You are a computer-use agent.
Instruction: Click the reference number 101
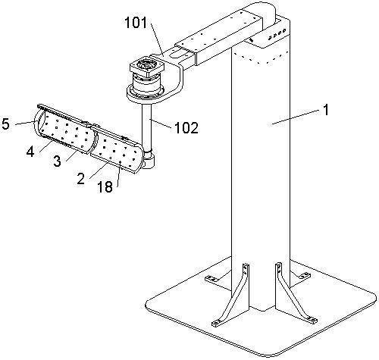coord(136,23)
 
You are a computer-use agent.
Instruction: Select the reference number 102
coord(186,128)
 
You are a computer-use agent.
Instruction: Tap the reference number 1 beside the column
coord(326,110)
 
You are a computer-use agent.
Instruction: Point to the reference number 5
coord(5,124)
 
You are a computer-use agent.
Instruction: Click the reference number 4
coord(30,152)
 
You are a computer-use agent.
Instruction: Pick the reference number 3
coord(58,161)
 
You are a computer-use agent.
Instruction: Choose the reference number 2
coord(81,179)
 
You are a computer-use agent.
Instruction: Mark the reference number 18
coord(105,186)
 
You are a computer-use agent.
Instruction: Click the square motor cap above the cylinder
coord(147,67)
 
